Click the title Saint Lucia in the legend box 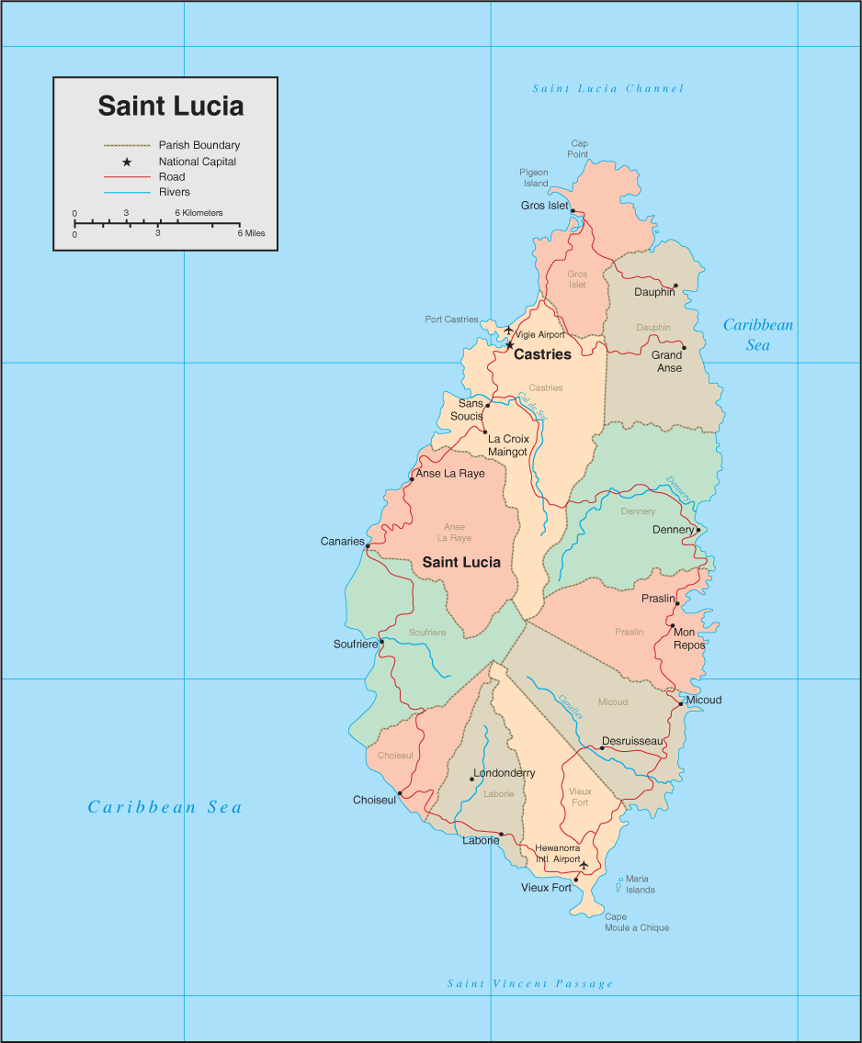[171, 106]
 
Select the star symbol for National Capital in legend [127, 162]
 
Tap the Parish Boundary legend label [198, 145]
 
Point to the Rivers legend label [174, 192]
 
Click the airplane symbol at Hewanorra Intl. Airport [583, 864]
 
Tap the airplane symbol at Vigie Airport [508, 330]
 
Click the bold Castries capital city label [542, 354]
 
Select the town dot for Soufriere [381, 642]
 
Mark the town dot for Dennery [698, 530]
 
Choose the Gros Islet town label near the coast [544, 206]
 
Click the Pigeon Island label [534, 177]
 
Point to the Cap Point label [579, 149]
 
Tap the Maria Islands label [640, 884]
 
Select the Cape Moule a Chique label [636, 922]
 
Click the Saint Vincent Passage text [529, 983]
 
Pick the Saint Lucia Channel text [608, 89]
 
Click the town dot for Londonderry [471, 779]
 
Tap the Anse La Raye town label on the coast [450, 474]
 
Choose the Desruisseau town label [632, 741]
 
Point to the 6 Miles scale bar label [251, 233]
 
